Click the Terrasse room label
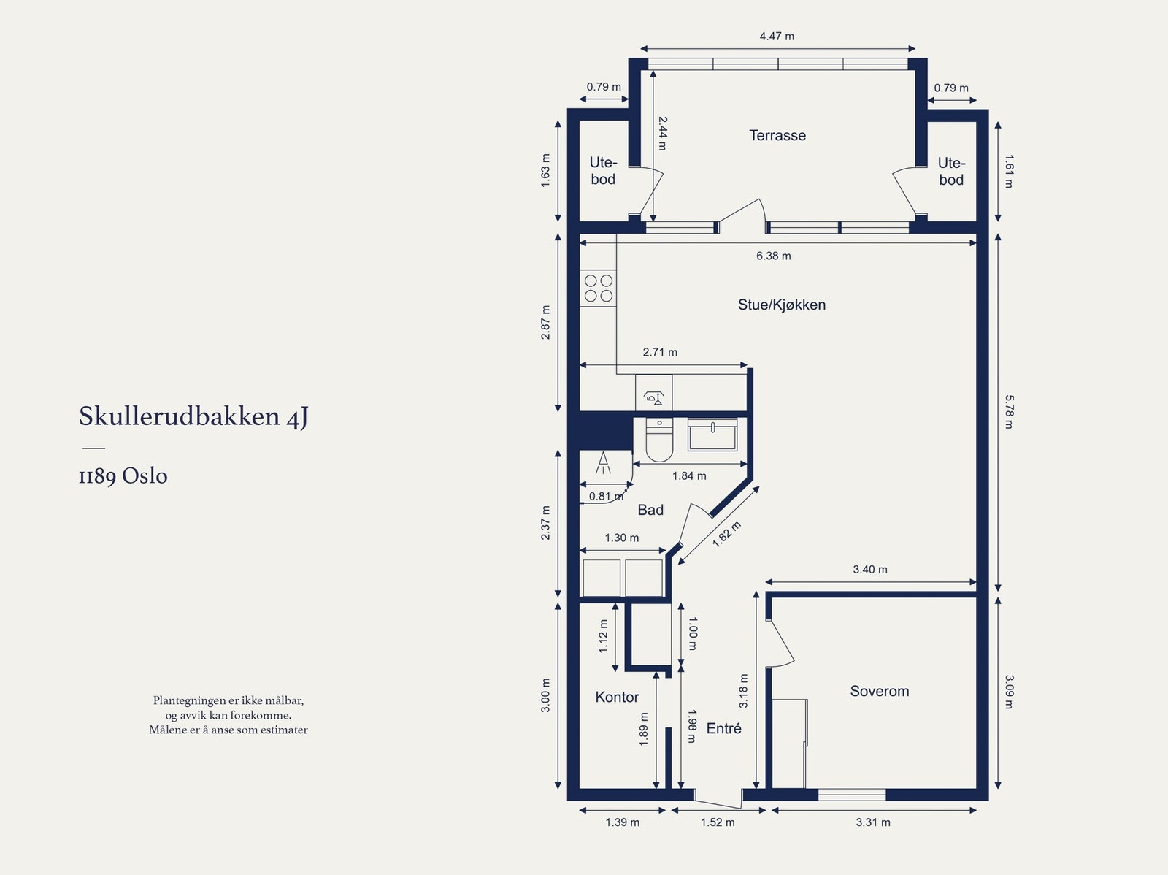tap(777, 135)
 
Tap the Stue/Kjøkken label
tap(782, 305)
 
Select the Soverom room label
tap(880, 691)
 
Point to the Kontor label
tap(618, 697)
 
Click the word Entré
tap(723, 728)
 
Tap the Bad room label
tap(650, 510)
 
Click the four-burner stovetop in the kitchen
tap(598, 288)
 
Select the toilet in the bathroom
tap(659, 440)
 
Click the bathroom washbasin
tap(712, 435)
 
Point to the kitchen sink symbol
tap(653, 393)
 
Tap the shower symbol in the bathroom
tap(604, 463)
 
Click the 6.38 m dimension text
tap(774, 256)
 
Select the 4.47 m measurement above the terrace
tap(777, 37)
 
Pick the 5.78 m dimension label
tap(1009, 411)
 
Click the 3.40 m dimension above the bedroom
tap(870, 570)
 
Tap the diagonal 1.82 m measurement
tap(726, 534)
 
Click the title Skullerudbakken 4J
tap(193, 417)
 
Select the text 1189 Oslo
tap(123, 475)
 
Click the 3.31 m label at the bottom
tap(872, 822)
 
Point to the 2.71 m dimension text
tap(660, 352)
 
